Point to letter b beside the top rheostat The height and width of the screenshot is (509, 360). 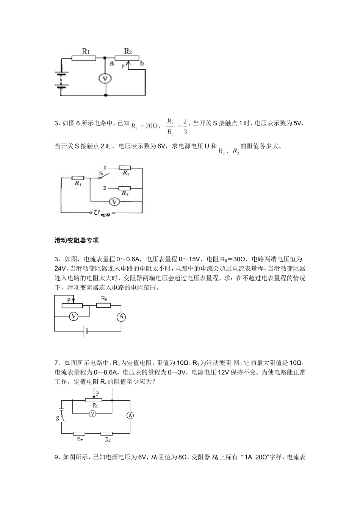coord(142,63)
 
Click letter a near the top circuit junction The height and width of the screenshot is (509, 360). coord(112,63)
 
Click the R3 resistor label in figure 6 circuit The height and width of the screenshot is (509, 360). coord(125,194)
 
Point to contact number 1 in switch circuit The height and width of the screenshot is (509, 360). coord(105,167)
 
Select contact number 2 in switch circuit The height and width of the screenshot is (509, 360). coord(104,188)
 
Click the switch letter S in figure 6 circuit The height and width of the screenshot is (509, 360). coord(100,174)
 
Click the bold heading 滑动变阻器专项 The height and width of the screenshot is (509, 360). coord(77,240)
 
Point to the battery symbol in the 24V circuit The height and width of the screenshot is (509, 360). coord(86,331)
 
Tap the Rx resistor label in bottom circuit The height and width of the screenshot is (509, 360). coord(79,440)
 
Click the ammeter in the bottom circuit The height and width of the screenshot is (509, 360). coord(130,415)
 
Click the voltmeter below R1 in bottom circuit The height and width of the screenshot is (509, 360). coord(92,414)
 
